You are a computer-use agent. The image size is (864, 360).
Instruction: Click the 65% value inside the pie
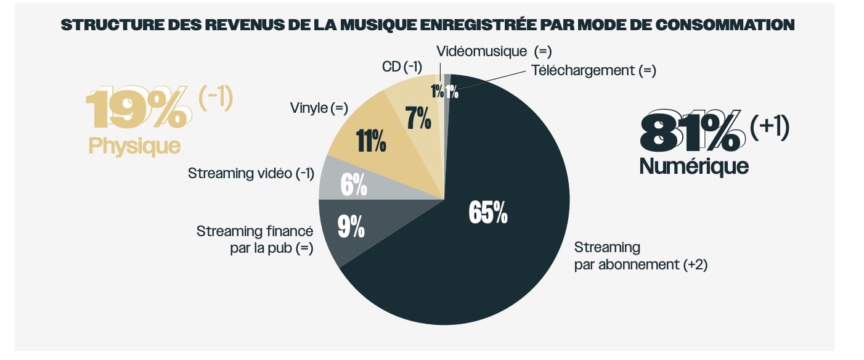click(488, 213)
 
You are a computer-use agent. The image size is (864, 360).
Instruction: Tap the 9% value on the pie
click(351, 226)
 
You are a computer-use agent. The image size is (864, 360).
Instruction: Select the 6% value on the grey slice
click(354, 185)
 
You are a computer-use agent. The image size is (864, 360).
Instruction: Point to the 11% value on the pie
click(370, 141)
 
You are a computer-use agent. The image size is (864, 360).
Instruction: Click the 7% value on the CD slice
click(418, 118)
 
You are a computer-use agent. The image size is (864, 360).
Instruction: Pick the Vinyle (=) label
click(319, 108)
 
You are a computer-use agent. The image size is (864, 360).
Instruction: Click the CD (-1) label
click(402, 67)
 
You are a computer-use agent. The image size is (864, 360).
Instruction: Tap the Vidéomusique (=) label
click(494, 51)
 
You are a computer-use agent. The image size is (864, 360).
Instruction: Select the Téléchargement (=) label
click(593, 70)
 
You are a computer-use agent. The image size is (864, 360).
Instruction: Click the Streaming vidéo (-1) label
click(251, 173)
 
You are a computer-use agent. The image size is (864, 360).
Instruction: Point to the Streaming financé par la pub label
click(255, 240)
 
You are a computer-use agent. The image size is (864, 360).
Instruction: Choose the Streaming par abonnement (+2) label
click(641, 256)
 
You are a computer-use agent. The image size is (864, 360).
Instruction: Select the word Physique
click(134, 146)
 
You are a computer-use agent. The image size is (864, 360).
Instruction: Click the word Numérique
click(694, 166)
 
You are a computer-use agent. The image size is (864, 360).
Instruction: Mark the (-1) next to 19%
click(216, 98)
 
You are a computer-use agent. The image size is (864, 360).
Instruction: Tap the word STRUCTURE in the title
click(112, 25)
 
